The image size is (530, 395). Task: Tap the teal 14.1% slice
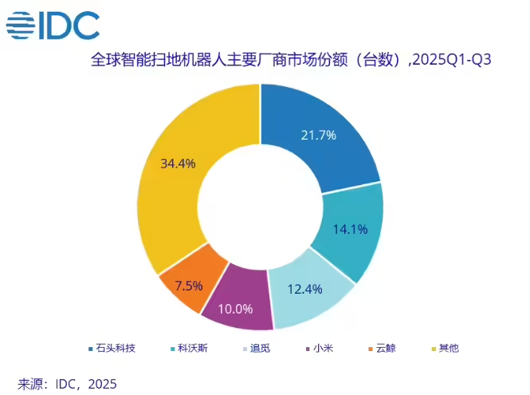coord(351,231)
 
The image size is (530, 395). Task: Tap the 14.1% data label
coord(350,230)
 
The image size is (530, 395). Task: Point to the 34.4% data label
coord(178,164)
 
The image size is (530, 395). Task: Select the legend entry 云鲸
coord(385,348)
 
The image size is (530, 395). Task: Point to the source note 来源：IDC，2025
coord(68,384)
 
